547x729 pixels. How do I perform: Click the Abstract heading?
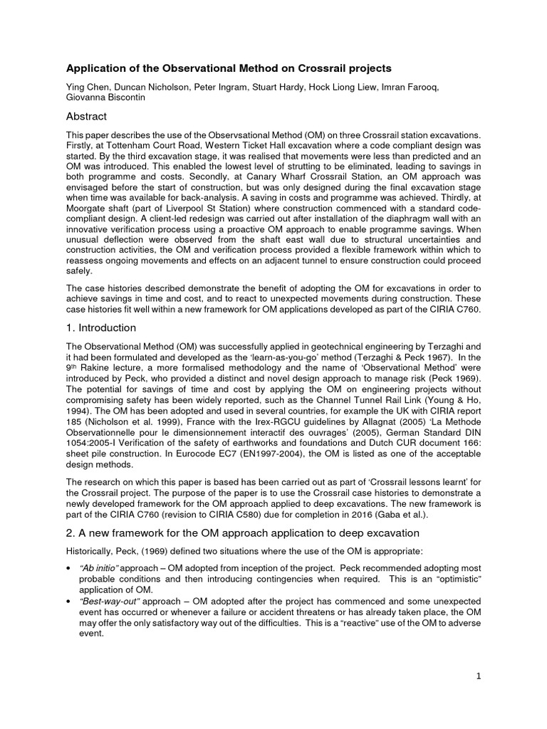(x=87, y=117)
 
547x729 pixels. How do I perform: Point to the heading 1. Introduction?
(x=101, y=327)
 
